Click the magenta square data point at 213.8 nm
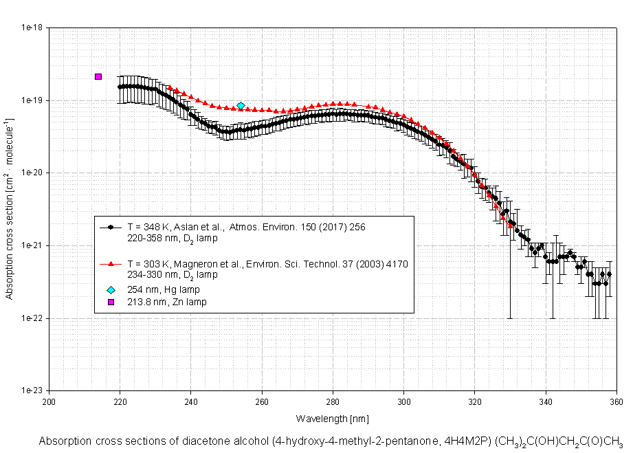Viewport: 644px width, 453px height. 98,76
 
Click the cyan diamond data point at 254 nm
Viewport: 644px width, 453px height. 241,106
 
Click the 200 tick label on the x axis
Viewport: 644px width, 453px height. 49,402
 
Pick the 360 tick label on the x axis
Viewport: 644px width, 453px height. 616,402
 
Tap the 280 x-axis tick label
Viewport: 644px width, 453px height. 333,402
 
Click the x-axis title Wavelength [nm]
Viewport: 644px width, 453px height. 332,418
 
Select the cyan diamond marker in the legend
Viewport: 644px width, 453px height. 111,289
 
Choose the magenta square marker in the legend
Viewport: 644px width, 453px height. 111,302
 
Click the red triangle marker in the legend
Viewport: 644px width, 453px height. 111,264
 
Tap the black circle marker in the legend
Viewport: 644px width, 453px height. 111,226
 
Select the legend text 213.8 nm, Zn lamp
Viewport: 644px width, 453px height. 167,302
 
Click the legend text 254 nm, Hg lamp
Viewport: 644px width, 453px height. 164,289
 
